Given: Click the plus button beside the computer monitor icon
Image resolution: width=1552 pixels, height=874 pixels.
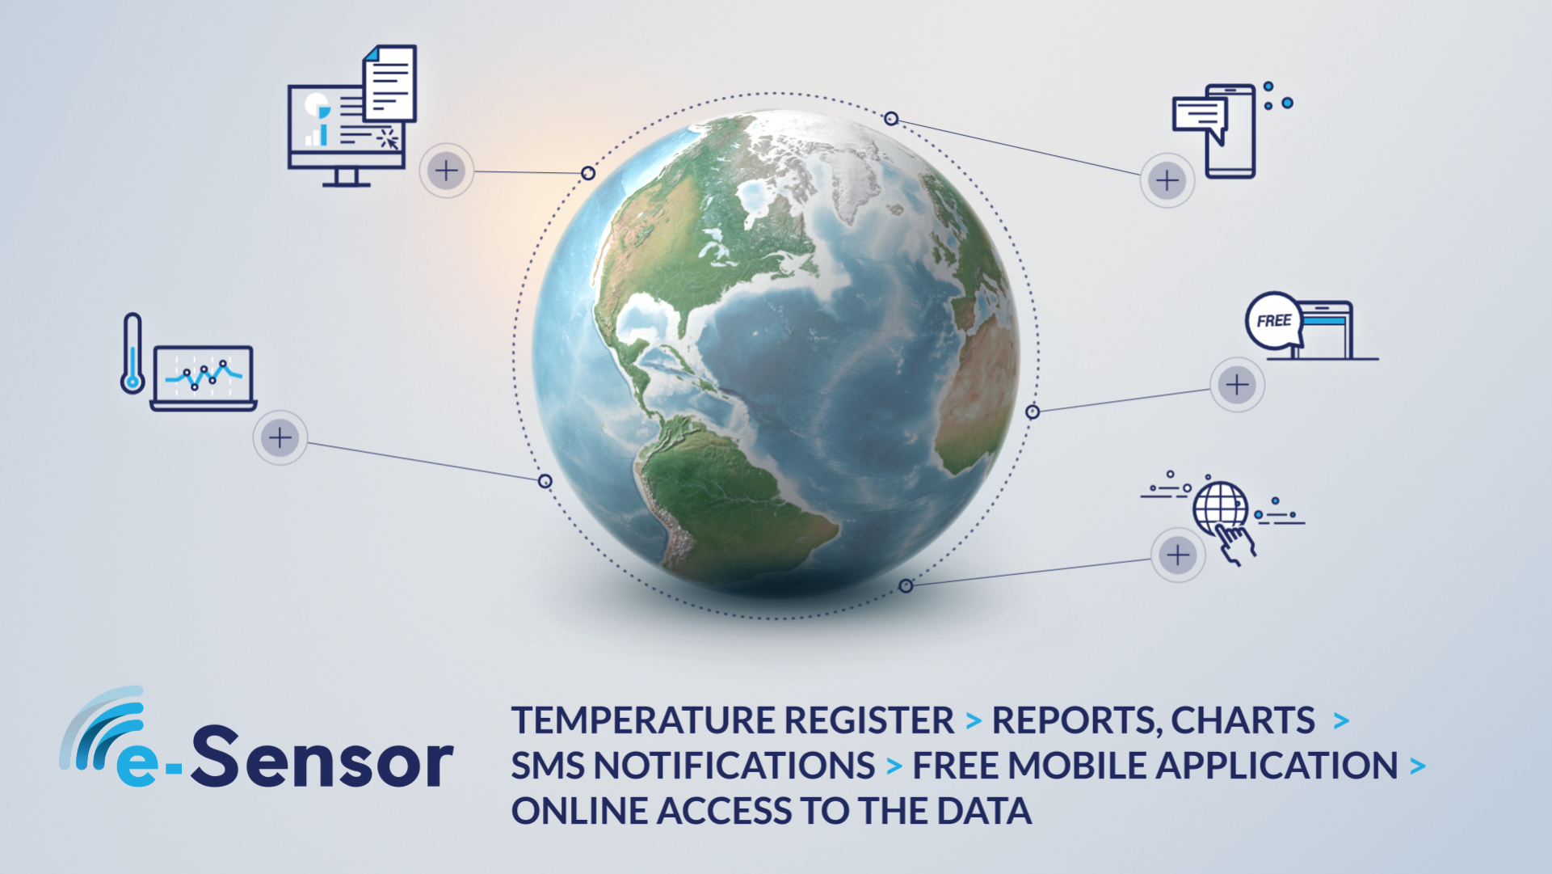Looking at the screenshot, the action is tap(447, 171).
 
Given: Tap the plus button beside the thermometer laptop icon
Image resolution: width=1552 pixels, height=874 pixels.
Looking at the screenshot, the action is tap(280, 438).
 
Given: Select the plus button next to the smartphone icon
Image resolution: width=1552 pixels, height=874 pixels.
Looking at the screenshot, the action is tap(1167, 180).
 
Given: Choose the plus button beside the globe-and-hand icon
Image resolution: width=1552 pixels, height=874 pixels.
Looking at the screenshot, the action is tap(1179, 555).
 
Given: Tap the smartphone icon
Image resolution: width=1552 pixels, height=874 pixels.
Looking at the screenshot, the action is tap(1230, 131).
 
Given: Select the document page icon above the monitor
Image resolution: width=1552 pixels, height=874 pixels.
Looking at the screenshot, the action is tap(390, 82).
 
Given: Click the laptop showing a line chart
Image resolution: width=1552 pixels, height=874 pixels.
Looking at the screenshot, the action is tap(204, 378).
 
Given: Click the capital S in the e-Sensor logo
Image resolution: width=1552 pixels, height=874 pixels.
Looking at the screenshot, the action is tap(217, 755).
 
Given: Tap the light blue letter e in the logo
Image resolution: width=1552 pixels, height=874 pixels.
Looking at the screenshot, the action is tap(138, 763).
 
